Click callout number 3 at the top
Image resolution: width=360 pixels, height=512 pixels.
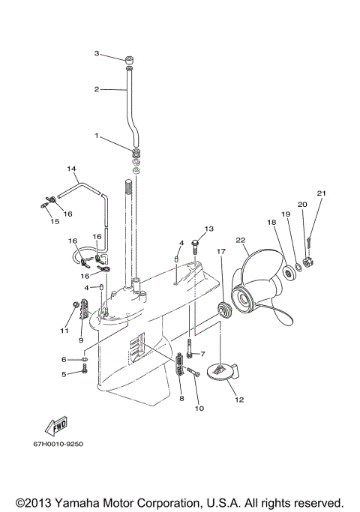[x=97, y=53]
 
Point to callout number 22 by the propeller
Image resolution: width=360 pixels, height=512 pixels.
[x=240, y=240]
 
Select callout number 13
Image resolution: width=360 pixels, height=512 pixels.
[x=209, y=228]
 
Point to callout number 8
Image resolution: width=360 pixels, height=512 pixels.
[x=181, y=399]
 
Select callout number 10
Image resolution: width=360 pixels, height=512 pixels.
[x=199, y=409]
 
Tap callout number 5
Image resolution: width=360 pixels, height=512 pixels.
[x=64, y=373]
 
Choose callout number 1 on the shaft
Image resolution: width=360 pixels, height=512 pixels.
[x=97, y=136]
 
